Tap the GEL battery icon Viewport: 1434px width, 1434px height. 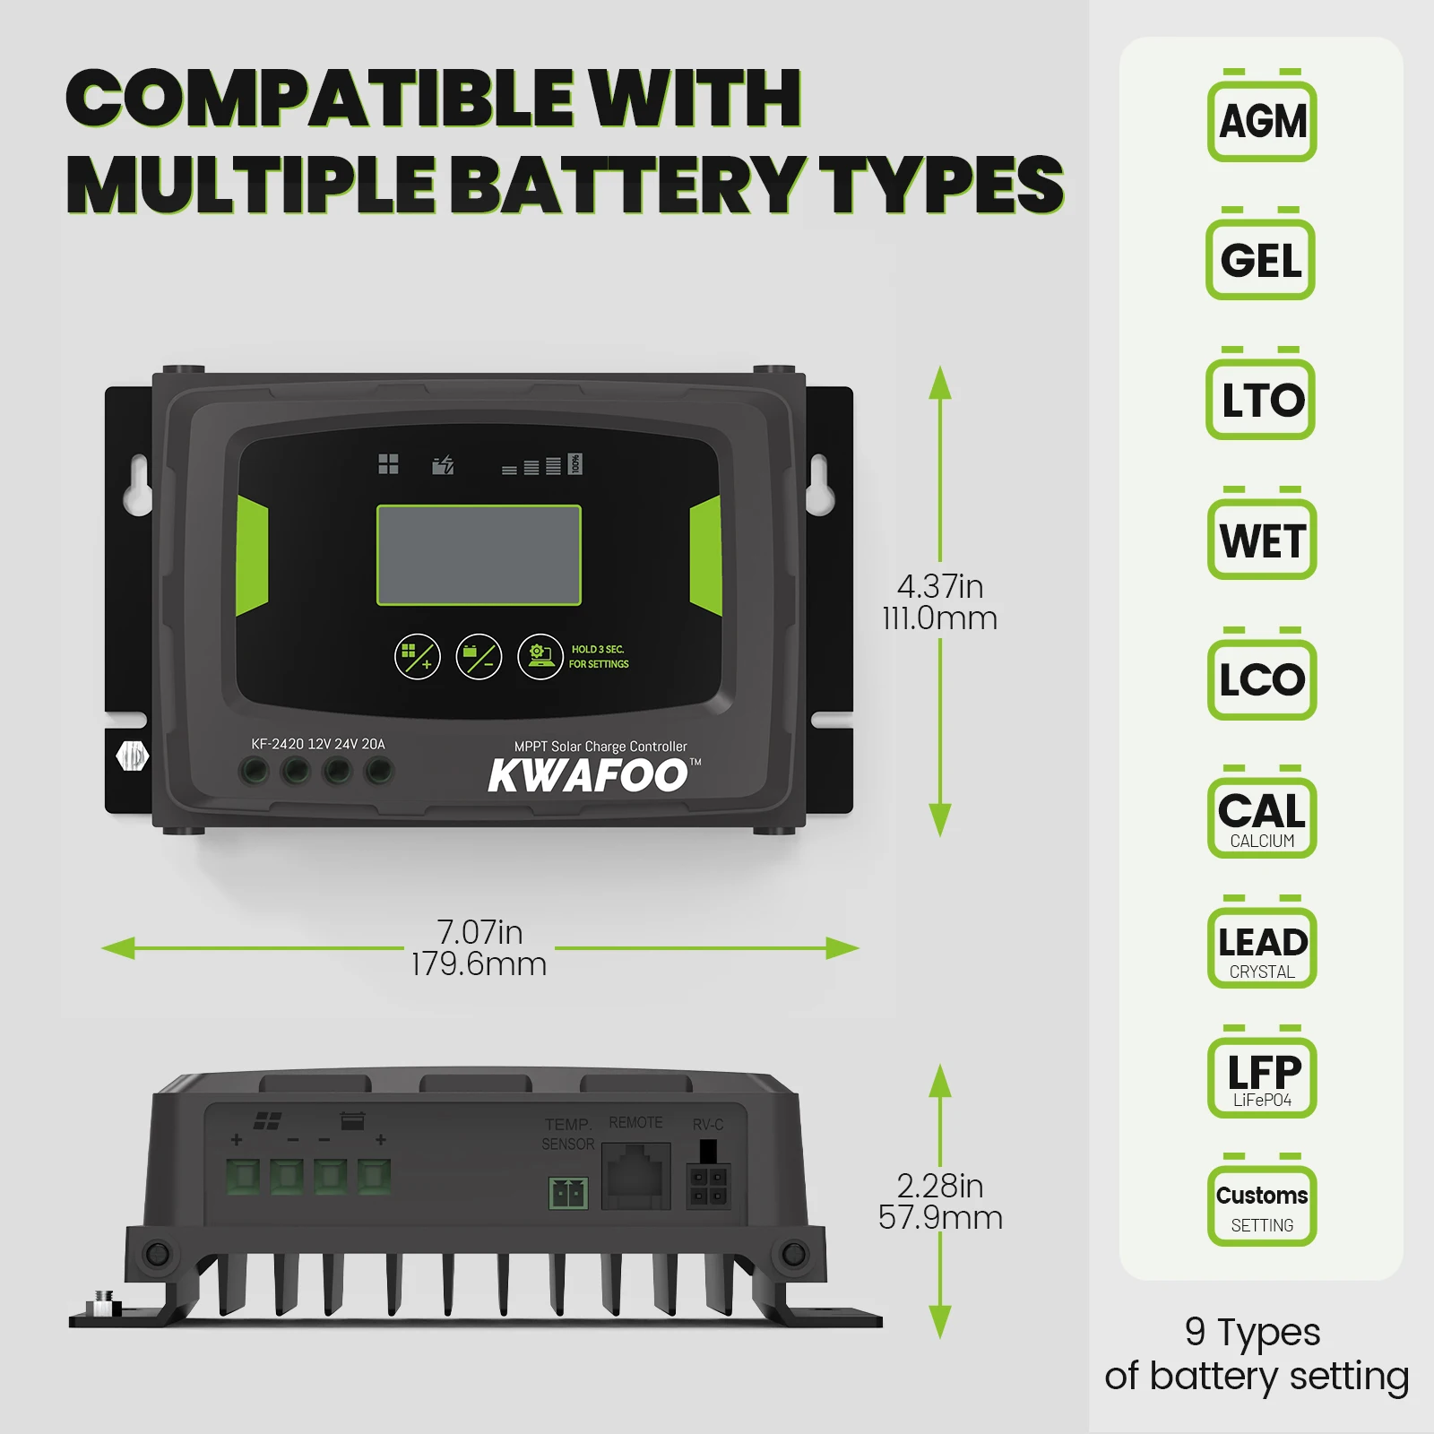[1260, 259]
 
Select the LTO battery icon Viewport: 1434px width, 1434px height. [1260, 399]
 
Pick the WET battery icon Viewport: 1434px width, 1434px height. [1262, 539]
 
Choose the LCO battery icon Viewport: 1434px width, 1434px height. [1262, 678]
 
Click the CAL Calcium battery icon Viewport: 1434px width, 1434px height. [1262, 816]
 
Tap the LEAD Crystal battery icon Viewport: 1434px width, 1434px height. [1262, 947]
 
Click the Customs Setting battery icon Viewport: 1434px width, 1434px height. [1262, 1205]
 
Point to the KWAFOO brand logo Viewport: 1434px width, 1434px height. [589, 775]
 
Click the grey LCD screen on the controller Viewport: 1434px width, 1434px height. [479, 556]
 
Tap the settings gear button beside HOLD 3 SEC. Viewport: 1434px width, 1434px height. [540, 657]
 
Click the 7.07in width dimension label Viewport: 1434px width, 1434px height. [479, 948]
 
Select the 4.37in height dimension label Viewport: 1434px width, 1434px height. [939, 602]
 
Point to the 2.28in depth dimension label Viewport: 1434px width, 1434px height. [939, 1202]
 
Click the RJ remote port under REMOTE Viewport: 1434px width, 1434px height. [635, 1176]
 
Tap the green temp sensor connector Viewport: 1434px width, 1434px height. [568, 1193]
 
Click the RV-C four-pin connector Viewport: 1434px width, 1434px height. [708, 1186]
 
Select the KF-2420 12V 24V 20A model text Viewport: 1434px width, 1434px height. [318, 744]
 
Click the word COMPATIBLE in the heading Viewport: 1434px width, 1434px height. [319, 99]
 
